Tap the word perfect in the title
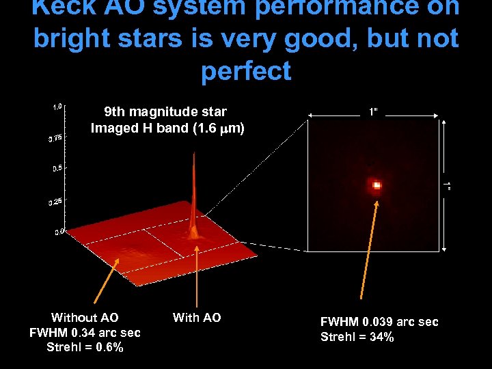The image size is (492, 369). pos(246,70)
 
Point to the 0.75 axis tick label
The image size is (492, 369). pos(55,138)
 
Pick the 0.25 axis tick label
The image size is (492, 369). pos(55,202)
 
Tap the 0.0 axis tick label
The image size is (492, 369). pos(59,232)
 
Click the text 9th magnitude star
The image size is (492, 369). pos(165,111)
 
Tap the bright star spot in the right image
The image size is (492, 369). pos(376,184)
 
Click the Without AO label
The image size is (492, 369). pos(85,317)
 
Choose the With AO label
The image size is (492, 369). pos(197,317)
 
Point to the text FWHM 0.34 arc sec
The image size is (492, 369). pos(85,333)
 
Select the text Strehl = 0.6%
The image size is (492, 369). pos(85,348)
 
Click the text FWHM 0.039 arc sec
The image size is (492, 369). pos(379,322)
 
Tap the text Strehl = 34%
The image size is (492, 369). pos(357,337)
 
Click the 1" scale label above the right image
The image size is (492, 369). pos(372,109)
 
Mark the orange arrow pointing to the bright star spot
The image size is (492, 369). pos(368,253)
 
